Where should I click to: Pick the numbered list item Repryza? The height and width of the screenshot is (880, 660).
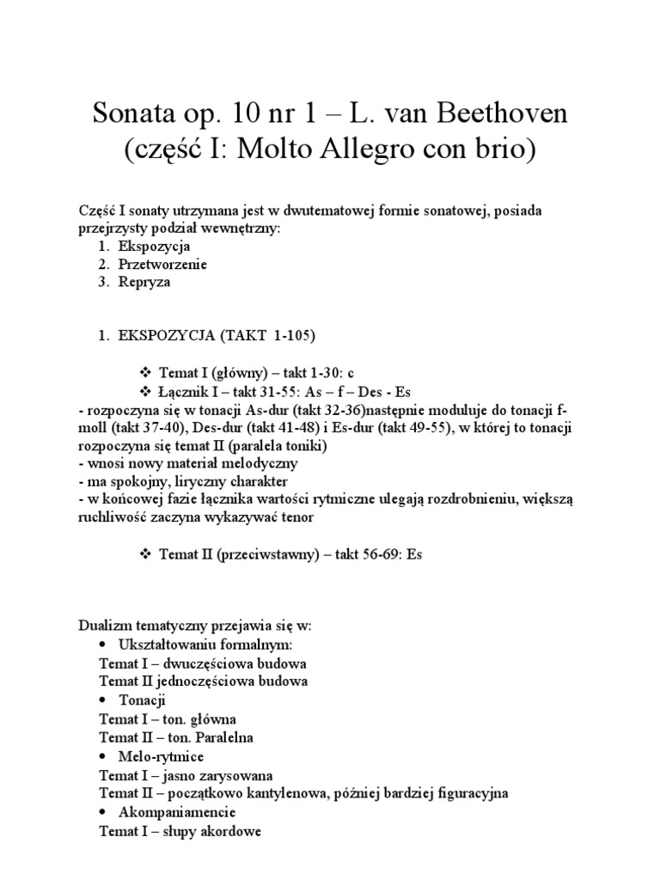click(x=145, y=281)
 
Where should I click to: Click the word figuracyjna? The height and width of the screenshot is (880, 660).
click(x=467, y=793)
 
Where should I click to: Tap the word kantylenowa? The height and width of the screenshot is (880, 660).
click(x=287, y=793)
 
